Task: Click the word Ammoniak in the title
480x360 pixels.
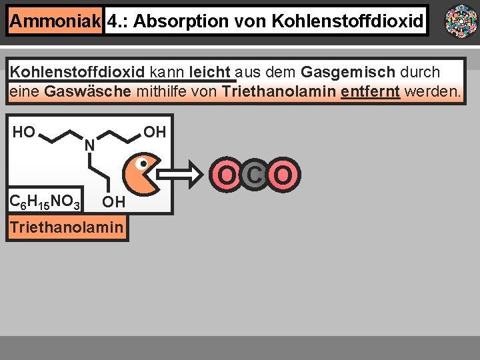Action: pyautogui.click(x=55, y=22)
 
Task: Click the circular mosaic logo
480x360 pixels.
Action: pyautogui.click(x=461, y=21)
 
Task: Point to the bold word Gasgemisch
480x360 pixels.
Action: pyautogui.click(x=347, y=72)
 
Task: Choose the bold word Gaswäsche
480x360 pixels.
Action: pyautogui.click(x=88, y=91)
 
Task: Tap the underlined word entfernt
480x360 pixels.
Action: pyautogui.click(x=370, y=91)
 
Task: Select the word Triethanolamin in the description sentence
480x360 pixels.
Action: pyautogui.click(x=279, y=91)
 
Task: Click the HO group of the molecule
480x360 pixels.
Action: pyautogui.click(x=24, y=132)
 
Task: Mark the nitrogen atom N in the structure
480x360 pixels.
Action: pyautogui.click(x=89, y=144)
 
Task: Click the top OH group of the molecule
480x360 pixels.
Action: pyautogui.click(x=155, y=132)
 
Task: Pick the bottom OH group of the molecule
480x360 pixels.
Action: pyautogui.click(x=114, y=202)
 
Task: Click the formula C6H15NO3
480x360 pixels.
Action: pyautogui.click(x=45, y=199)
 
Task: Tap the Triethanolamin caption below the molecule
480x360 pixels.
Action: pyautogui.click(x=67, y=228)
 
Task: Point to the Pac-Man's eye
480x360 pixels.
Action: pyautogui.click(x=142, y=162)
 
